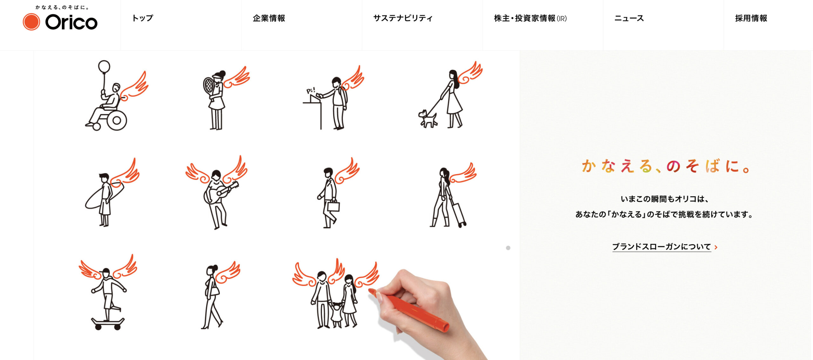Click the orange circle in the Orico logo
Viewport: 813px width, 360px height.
click(x=31, y=22)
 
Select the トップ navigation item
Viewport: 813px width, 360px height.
click(x=143, y=18)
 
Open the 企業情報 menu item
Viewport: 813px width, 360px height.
click(x=269, y=18)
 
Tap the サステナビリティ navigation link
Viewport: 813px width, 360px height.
click(x=403, y=18)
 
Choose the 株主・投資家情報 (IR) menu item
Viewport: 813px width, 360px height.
click(x=530, y=18)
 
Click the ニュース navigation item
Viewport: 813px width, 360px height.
click(x=629, y=18)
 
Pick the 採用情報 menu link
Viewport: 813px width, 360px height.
click(x=751, y=18)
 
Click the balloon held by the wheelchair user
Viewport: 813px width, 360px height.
click(x=104, y=67)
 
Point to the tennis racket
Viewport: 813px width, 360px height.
click(x=209, y=85)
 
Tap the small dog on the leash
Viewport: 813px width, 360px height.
click(x=427, y=119)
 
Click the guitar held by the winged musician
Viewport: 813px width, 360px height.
click(x=220, y=192)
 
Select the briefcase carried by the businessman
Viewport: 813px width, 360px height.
click(x=333, y=206)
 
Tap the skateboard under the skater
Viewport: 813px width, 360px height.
click(x=108, y=323)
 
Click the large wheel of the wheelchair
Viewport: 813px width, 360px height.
click(x=117, y=120)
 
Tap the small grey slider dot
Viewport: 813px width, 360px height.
click(x=508, y=248)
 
